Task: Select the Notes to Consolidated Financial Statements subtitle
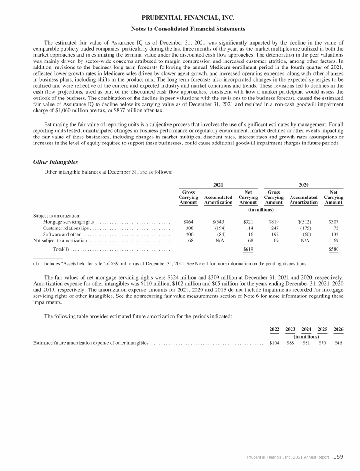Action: point(180,29)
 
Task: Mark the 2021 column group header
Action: point(218,186)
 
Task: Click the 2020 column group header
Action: point(304,186)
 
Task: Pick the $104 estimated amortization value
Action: point(275,343)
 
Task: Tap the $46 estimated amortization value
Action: point(338,343)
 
